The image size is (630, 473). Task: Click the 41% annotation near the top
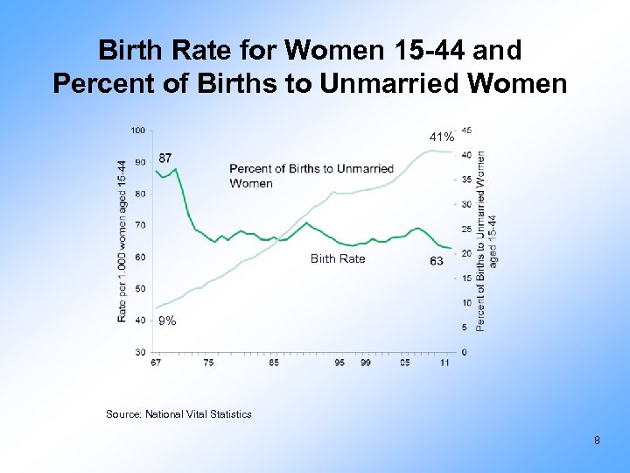point(441,138)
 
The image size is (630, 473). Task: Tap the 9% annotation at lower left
point(167,321)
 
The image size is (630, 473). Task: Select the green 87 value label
point(165,159)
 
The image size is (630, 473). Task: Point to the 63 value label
point(437,261)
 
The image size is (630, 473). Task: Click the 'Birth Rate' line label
point(338,258)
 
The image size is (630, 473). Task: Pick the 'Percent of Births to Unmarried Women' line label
point(311,175)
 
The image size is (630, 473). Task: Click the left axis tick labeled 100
point(137,131)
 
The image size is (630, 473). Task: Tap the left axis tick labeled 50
point(140,288)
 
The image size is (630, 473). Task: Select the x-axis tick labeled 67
point(156,362)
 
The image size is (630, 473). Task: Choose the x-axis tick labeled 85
point(274,362)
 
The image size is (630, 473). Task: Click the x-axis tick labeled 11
point(445,362)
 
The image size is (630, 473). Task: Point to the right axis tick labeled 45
point(466,131)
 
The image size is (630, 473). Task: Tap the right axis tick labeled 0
point(464,352)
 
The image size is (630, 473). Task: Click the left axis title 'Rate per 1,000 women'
point(122,241)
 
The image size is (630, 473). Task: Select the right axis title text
point(486,241)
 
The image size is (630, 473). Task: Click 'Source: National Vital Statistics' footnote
point(178,413)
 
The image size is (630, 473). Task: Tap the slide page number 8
point(597,441)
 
